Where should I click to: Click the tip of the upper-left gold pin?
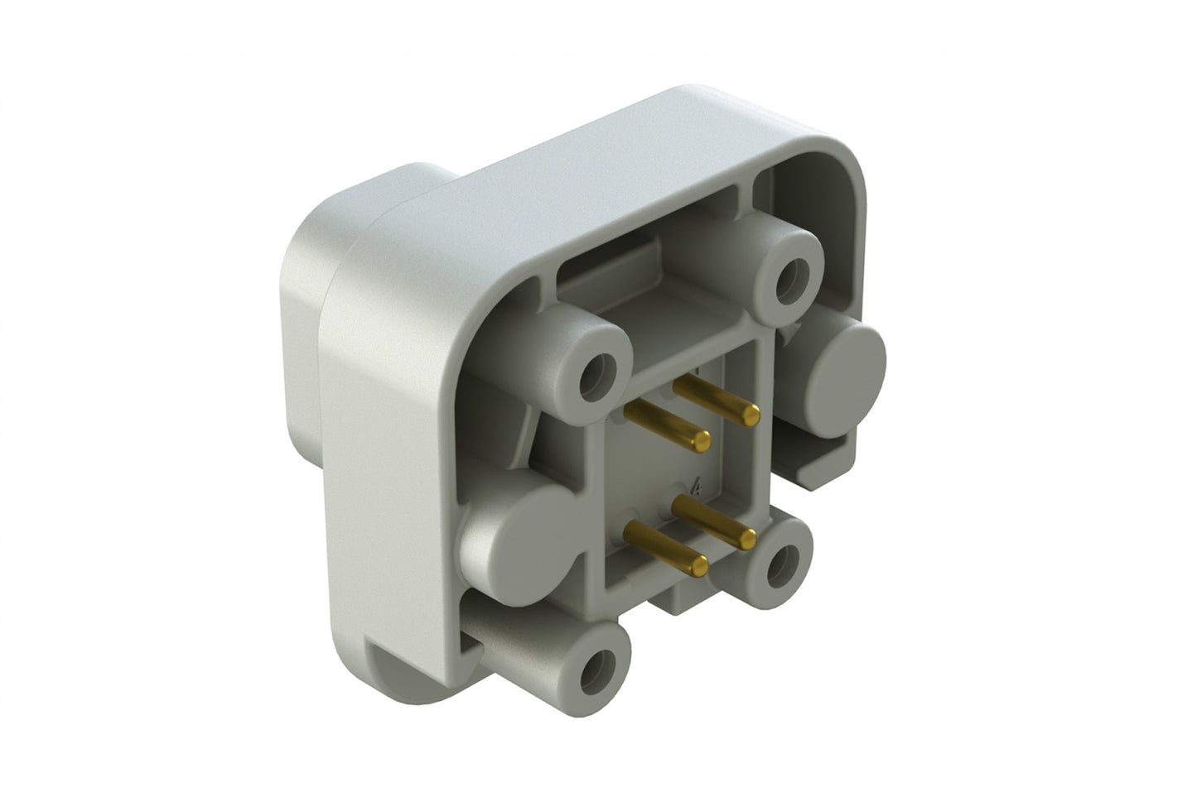click(701, 440)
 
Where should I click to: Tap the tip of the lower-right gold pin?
click(747, 539)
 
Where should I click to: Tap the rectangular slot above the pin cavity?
click(613, 273)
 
